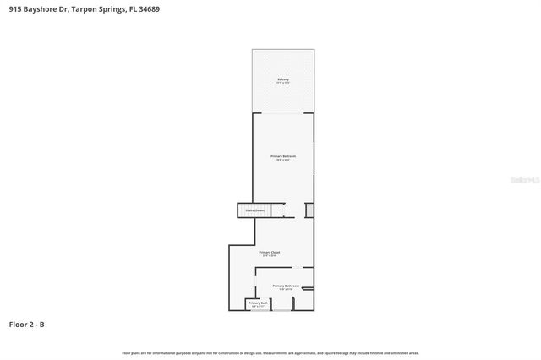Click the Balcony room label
283,79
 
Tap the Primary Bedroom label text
283,156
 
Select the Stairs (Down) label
254,210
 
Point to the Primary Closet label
270,252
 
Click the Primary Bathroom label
286,286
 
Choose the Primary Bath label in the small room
258,303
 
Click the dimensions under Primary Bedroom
283,161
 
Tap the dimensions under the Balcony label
283,84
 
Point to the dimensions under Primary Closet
270,256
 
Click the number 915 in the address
15,9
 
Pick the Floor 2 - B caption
26,324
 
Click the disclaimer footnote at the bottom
270,352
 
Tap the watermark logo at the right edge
526,179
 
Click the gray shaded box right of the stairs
309,210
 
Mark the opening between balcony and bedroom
283,112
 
